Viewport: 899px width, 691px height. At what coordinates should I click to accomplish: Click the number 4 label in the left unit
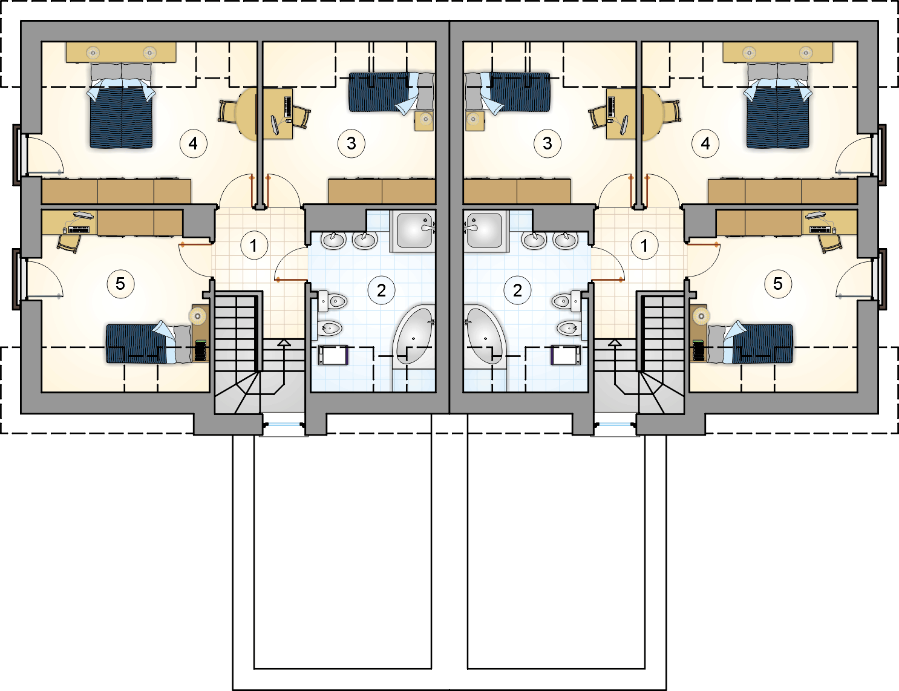pyautogui.click(x=193, y=143)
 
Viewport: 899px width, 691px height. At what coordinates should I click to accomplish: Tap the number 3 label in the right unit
pyautogui.click(x=547, y=143)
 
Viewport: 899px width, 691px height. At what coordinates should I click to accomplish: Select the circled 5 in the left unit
pyautogui.click(x=120, y=284)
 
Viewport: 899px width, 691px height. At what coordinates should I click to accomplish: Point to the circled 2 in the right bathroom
pyautogui.click(x=517, y=291)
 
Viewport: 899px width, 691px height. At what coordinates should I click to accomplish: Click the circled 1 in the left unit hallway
pyautogui.click(x=254, y=246)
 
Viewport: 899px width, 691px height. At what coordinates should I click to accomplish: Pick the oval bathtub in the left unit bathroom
pyautogui.click(x=413, y=334)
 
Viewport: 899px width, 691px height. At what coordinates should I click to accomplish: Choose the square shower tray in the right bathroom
pyautogui.click(x=485, y=231)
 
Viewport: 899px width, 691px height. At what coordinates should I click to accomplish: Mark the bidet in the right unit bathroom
pyautogui.click(x=569, y=329)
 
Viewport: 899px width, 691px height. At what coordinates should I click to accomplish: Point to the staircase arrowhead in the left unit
pyautogui.click(x=284, y=342)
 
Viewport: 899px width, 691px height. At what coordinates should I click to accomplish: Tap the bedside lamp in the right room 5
pyautogui.click(x=701, y=317)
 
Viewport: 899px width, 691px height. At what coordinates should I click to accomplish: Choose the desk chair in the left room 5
pyautogui.click(x=68, y=243)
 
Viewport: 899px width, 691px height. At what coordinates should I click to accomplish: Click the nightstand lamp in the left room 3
pyautogui.click(x=425, y=119)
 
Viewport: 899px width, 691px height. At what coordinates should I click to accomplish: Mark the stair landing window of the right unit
pyautogui.click(x=614, y=425)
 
